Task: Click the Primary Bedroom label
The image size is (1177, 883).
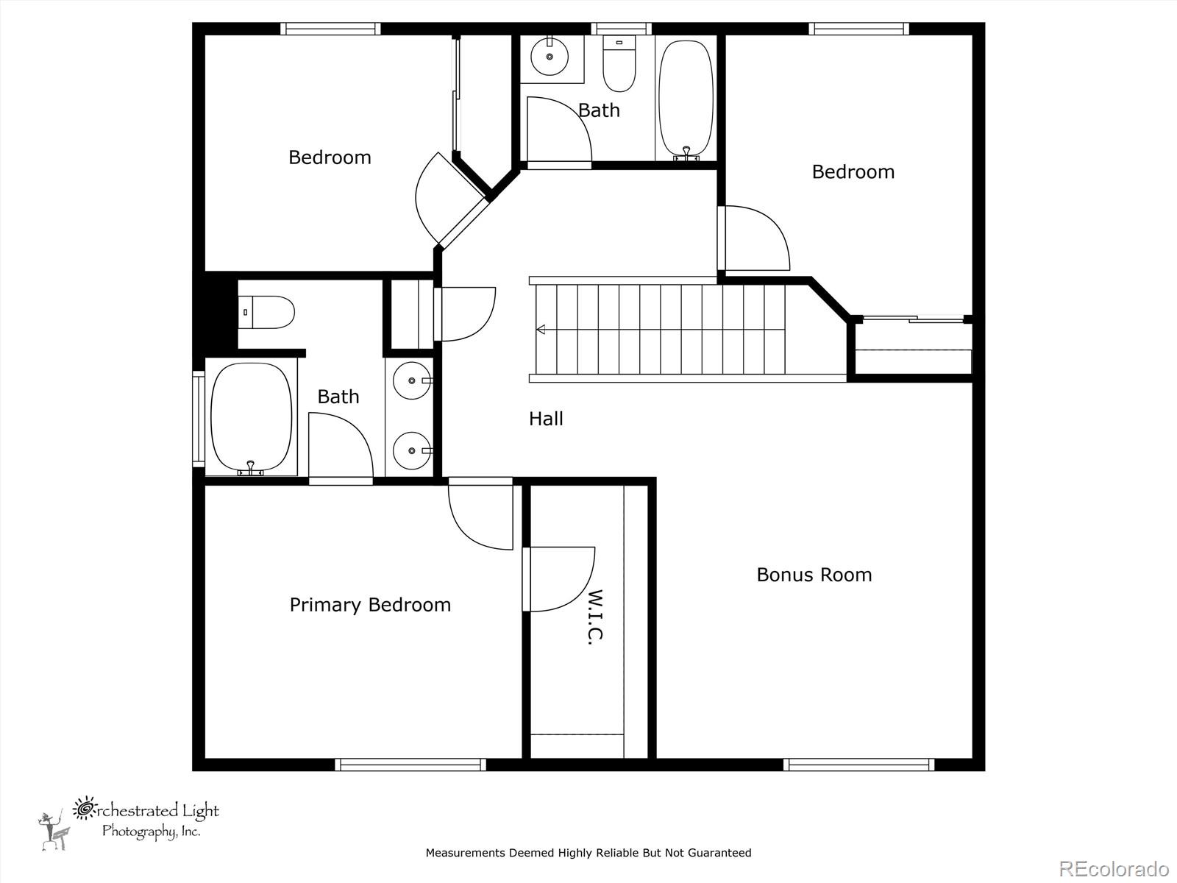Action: (x=370, y=606)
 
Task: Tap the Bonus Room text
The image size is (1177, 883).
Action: (x=814, y=575)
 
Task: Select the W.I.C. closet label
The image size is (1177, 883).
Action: (x=596, y=617)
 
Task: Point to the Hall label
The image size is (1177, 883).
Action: (x=546, y=419)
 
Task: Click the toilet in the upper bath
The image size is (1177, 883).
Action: (x=619, y=63)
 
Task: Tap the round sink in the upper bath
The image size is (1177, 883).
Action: (x=550, y=56)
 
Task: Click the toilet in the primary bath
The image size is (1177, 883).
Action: (x=266, y=312)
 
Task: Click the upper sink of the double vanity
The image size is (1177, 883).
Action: (x=413, y=380)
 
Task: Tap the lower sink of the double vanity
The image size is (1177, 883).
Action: (x=413, y=450)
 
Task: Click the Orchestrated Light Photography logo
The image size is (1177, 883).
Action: (x=128, y=823)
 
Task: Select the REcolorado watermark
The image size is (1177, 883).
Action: (x=1114, y=868)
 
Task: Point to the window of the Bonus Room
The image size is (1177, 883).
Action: (x=859, y=765)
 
